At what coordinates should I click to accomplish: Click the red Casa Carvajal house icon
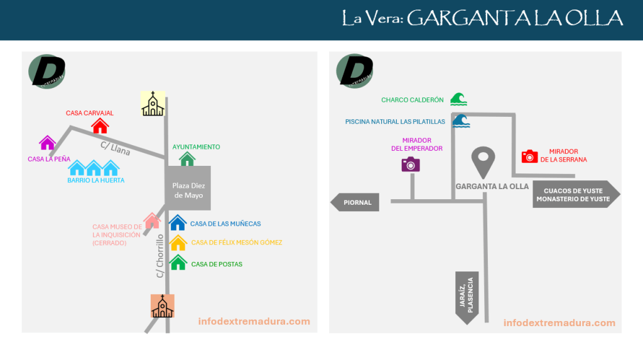point(100,126)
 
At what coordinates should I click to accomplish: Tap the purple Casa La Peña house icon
point(48,143)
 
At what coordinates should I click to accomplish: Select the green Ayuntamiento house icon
point(187,158)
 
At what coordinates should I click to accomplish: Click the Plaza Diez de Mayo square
point(188,188)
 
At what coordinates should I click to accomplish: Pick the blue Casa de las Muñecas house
point(178,223)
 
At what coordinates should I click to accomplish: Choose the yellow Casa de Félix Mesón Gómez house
point(178,243)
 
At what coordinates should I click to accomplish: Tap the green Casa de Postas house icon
point(178,263)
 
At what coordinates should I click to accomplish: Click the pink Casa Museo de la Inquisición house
point(152,221)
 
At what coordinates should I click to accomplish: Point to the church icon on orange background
point(163,306)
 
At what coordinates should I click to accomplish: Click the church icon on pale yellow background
point(153,104)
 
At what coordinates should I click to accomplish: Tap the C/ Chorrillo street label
point(160,256)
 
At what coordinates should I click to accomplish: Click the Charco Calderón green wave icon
point(458,99)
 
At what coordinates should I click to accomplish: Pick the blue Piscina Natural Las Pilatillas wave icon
point(462,121)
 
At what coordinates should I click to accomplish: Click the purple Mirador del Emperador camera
point(411,165)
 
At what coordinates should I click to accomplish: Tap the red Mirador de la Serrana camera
point(530,156)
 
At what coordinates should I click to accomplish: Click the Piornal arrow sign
point(355,202)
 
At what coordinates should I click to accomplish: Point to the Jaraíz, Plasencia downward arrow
point(467,297)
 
